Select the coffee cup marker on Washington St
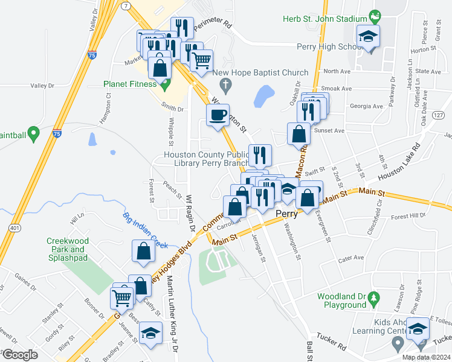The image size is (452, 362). [218, 114]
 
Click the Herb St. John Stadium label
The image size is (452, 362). [324, 19]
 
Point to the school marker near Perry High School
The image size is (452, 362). [368, 37]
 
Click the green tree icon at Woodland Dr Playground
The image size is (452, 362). [375, 297]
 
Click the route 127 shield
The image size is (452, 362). [439, 115]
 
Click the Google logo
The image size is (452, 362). [20, 355]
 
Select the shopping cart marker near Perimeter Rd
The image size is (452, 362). [201, 59]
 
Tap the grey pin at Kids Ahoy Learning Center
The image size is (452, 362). [398, 344]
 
